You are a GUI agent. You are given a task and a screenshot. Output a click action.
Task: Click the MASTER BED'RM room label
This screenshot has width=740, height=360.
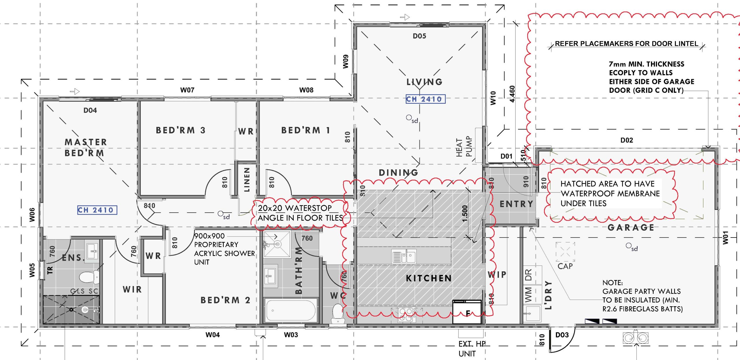click(x=86, y=147)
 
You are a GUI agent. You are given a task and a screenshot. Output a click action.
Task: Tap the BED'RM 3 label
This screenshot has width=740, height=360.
click(x=181, y=130)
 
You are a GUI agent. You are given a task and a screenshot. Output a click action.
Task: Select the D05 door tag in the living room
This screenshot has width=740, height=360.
click(x=419, y=36)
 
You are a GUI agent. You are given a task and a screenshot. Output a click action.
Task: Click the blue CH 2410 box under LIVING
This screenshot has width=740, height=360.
click(x=425, y=99)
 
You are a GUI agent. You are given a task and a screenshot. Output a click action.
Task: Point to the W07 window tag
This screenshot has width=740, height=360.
click(x=187, y=90)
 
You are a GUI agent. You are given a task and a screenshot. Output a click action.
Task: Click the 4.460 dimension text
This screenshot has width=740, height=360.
click(x=512, y=94)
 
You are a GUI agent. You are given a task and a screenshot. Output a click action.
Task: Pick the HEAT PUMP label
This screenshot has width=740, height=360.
click(x=464, y=146)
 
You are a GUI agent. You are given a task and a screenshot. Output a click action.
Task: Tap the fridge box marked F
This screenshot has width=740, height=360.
click(x=467, y=312)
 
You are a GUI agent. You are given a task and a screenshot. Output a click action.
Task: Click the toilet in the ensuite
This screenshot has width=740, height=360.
click(x=89, y=277)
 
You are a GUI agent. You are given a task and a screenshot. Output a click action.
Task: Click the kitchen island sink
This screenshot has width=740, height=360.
click(x=404, y=256)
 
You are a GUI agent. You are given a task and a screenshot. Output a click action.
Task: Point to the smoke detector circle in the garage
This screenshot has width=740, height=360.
click(x=628, y=246)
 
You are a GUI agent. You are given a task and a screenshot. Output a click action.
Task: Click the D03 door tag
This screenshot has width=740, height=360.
click(x=562, y=335)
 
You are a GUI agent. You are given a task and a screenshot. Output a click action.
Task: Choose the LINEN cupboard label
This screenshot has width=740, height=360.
click(x=247, y=179)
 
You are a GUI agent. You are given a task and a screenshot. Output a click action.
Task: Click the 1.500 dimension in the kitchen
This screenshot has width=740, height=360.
click(x=465, y=214)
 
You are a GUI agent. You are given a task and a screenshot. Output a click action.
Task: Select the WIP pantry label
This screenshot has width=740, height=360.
click(x=497, y=274)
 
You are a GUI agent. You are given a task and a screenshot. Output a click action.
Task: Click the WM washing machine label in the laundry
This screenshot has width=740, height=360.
click(x=528, y=294)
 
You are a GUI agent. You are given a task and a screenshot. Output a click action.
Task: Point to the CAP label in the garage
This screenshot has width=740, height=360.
click(x=565, y=266)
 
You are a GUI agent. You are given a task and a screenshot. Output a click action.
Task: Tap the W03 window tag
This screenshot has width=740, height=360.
click(x=291, y=335)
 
